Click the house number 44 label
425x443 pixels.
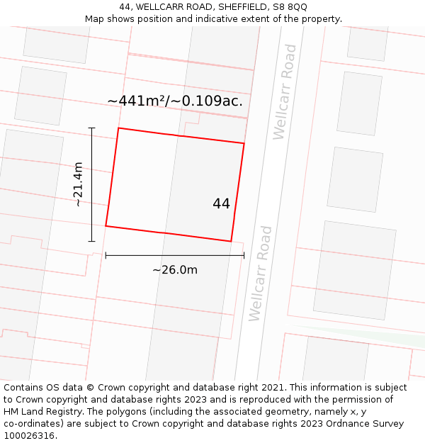(x=221, y=203)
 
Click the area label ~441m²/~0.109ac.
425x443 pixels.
(x=175, y=101)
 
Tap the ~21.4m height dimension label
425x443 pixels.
(x=78, y=184)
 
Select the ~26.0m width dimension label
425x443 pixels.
(x=175, y=269)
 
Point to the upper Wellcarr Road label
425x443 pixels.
(x=284, y=91)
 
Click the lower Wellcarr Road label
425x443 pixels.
(x=260, y=273)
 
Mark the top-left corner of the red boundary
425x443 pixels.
(x=118, y=128)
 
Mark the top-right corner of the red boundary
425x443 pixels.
(x=244, y=144)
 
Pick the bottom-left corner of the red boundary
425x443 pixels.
(x=106, y=225)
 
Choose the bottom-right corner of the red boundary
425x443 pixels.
(x=231, y=242)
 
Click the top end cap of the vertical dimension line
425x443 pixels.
(x=91, y=128)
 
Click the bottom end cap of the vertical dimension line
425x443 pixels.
(x=91, y=241)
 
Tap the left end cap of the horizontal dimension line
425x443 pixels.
(x=106, y=255)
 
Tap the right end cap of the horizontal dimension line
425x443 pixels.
(x=244, y=255)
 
